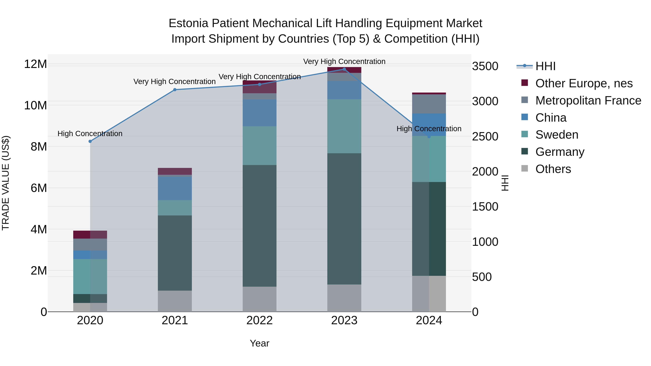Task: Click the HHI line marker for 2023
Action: click(344, 69)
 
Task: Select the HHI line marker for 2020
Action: click(90, 142)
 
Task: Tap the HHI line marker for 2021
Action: click(175, 90)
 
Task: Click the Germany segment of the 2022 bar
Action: click(259, 226)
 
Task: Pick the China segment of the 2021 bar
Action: click(175, 188)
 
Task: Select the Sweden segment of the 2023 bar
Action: click(344, 126)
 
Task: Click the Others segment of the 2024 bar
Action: click(429, 294)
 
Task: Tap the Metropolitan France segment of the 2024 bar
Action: click(429, 104)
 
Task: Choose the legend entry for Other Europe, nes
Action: click(584, 83)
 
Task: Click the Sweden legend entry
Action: click(557, 135)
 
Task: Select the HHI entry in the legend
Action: click(545, 66)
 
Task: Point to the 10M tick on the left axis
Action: click(35, 105)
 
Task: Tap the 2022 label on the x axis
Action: click(259, 320)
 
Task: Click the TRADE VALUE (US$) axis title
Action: click(6, 183)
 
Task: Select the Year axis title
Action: click(259, 343)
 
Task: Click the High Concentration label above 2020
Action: click(90, 134)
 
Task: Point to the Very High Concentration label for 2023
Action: click(344, 61)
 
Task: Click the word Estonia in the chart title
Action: click(188, 23)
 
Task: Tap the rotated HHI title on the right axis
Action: click(505, 183)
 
